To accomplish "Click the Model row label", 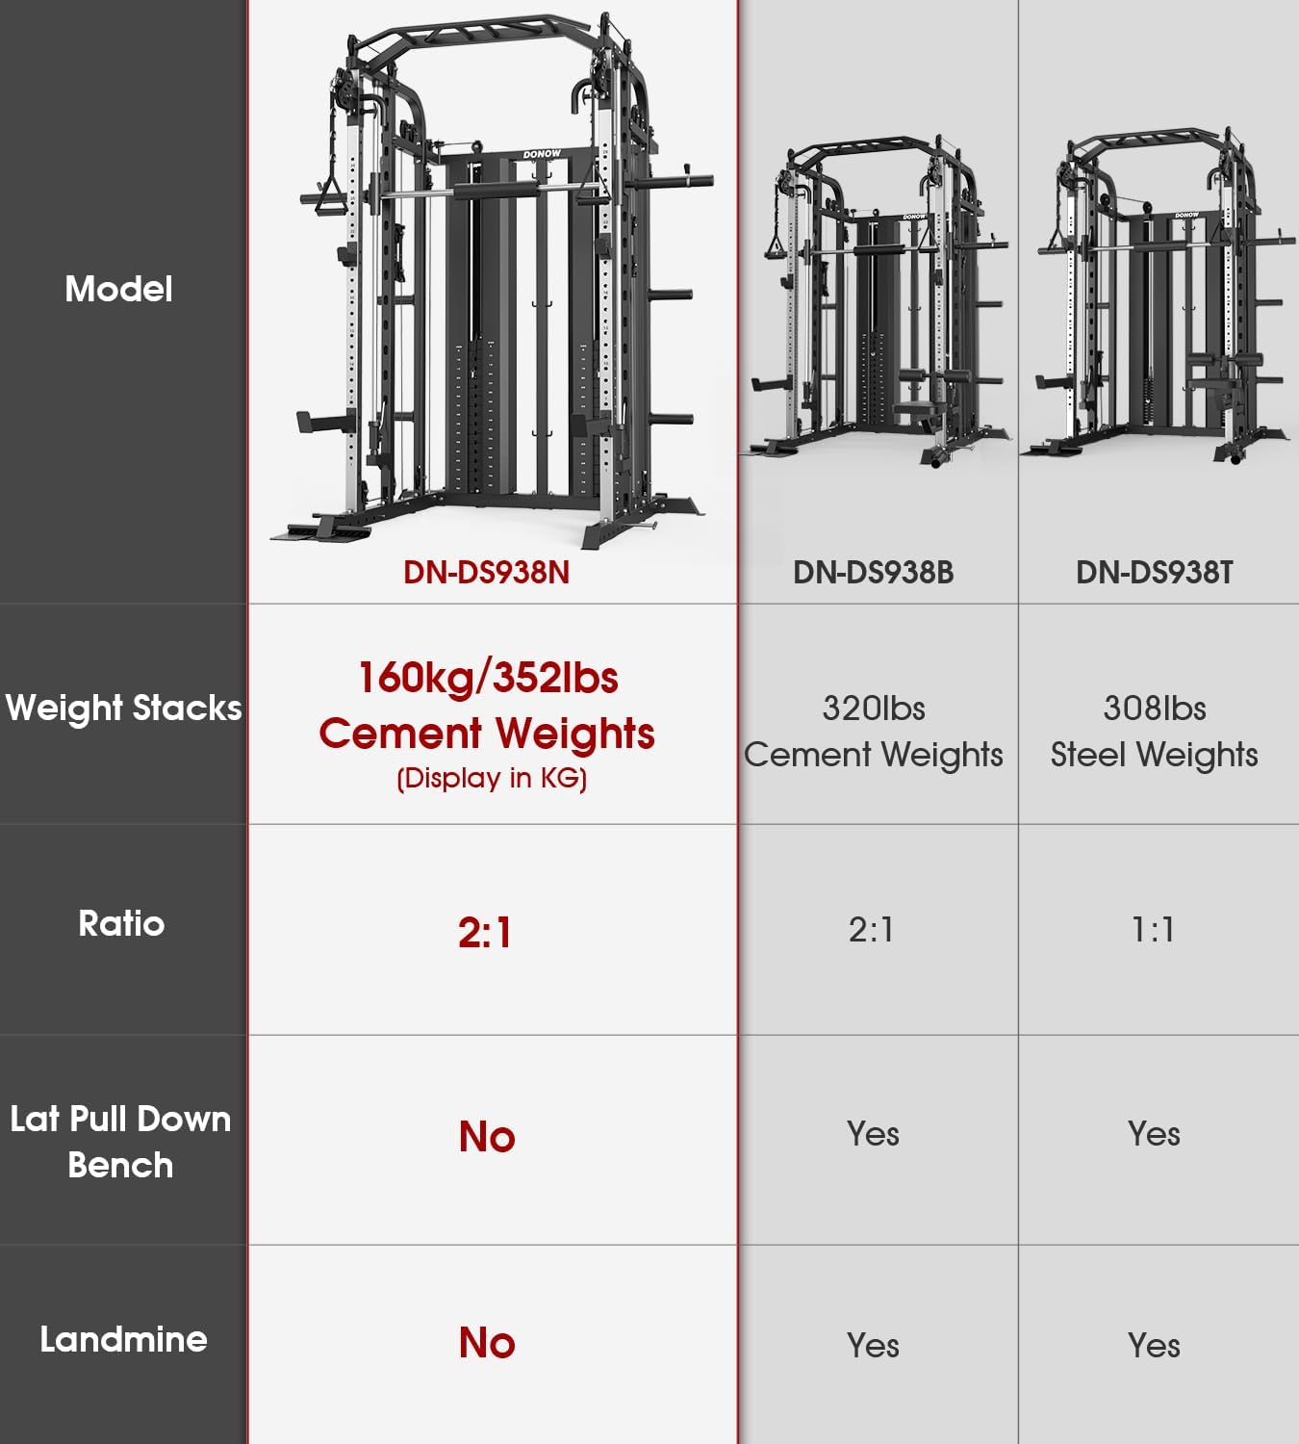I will coord(118,289).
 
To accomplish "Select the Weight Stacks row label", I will coord(123,709).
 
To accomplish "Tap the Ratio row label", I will coord(121,924).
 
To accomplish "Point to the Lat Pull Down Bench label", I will coord(120,1142).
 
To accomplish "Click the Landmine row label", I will coord(123,1340).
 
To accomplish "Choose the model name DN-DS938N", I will coord(486,573).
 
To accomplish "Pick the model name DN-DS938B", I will coord(873,573).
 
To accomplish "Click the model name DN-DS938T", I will coord(1154,573).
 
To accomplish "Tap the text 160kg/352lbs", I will coord(488,678).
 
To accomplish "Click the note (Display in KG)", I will coord(492,778).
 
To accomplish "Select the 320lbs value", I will coord(873,709).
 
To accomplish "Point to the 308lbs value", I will coord(1154,709).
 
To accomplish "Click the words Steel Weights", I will coord(1154,755).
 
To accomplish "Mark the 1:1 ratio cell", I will coord(1153,930).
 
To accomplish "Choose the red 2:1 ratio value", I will coord(485,933).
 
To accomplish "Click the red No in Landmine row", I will coord(487,1343).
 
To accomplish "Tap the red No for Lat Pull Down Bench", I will coord(487,1137).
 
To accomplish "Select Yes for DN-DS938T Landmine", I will coord(1154,1346).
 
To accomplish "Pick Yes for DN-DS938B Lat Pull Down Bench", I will coord(873,1134).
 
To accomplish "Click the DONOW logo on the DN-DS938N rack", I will coord(542,154).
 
